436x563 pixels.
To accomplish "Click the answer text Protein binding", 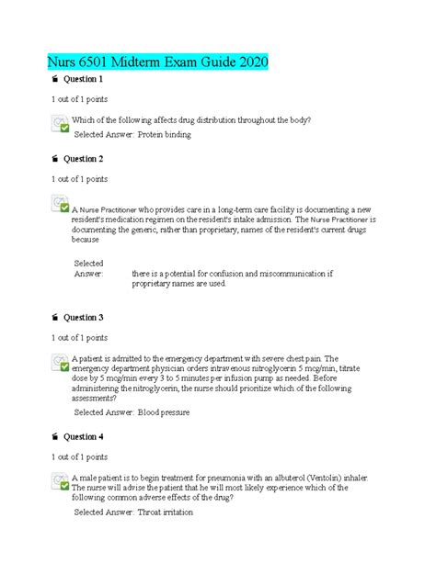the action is click(165, 135).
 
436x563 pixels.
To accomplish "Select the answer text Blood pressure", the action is click(164, 413).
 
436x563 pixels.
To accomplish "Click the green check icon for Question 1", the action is click(60, 125).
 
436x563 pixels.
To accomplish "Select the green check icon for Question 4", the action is click(60, 480).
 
